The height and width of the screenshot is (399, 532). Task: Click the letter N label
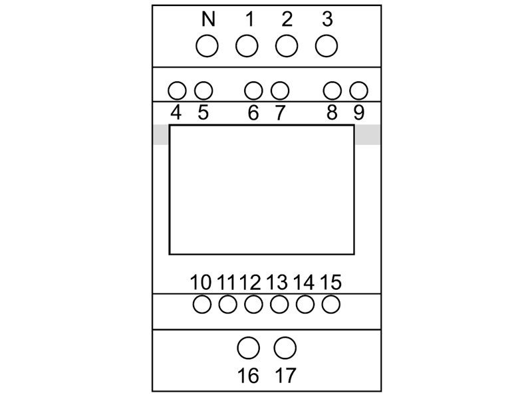coord(208,19)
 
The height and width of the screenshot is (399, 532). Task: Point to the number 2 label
coord(287,19)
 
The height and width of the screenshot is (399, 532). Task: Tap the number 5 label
coord(203,112)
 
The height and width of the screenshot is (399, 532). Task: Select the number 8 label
coord(332,112)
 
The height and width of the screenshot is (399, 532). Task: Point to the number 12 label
coord(251,282)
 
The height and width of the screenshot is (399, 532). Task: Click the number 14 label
coord(304,282)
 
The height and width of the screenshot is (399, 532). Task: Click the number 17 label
coord(285,376)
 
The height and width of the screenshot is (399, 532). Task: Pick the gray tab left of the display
coord(161,135)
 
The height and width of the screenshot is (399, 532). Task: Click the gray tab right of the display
coord(368,135)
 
